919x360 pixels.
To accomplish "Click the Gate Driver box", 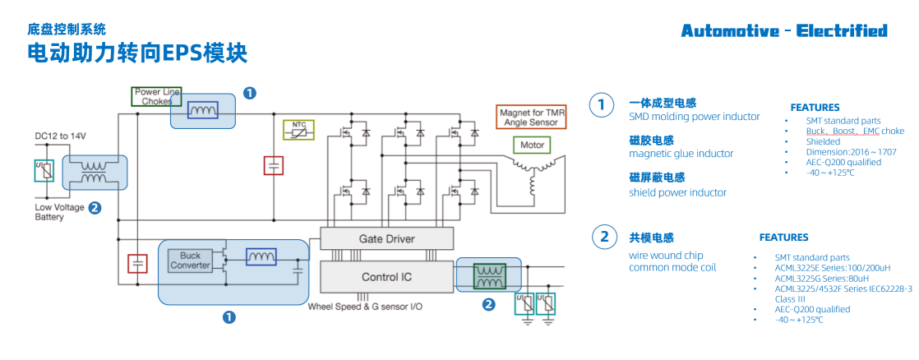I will click(386, 239).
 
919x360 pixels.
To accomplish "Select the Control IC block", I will click(386, 277).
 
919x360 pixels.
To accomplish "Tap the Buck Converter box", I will click(190, 261).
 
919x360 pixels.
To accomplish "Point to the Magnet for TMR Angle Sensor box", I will click(531, 117).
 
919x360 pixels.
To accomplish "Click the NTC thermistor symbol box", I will click(299, 130).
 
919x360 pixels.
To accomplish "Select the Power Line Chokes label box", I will click(156, 96).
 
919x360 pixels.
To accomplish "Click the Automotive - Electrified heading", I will click(783, 31).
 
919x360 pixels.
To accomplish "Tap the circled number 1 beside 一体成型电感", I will click(602, 104).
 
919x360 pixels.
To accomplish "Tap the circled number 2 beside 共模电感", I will click(604, 238).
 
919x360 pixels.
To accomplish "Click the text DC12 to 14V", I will click(60, 135).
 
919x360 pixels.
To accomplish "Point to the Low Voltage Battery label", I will click(58, 212).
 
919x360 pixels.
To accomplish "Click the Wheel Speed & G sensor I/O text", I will click(365, 307).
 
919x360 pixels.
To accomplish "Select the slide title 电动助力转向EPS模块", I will click(136, 54).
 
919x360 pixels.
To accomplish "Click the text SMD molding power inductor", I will click(694, 117).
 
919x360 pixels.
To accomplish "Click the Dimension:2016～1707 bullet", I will click(850, 152).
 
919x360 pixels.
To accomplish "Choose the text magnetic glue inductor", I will click(681, 154).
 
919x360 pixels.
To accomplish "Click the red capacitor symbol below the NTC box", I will click(273, 165).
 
